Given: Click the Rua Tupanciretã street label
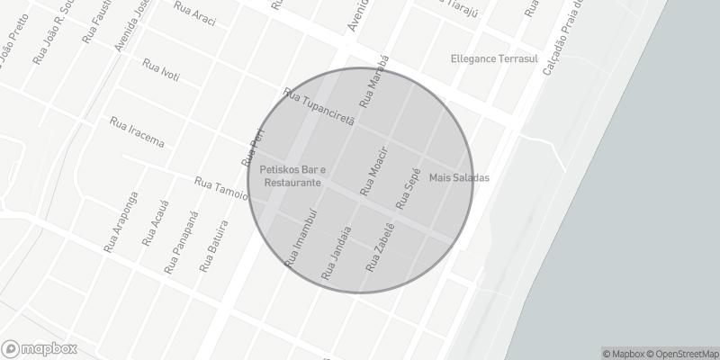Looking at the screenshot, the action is point(319,107).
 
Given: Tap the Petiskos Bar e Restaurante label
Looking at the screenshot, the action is point(292,175).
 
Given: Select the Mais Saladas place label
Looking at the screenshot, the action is point(459,177).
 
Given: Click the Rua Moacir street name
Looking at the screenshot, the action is point(373,170).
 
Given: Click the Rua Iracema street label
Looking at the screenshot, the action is point(136,131).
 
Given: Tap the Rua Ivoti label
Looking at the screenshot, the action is point(161,69).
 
